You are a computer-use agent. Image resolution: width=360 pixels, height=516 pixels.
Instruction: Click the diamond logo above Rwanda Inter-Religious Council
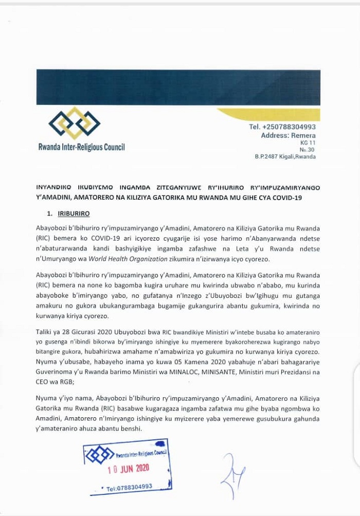[x=74, y=123]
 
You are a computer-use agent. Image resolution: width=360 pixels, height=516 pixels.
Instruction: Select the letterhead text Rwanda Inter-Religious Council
[x=81, y=147]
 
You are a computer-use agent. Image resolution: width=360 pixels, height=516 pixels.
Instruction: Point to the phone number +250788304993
[x=282, y=127]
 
